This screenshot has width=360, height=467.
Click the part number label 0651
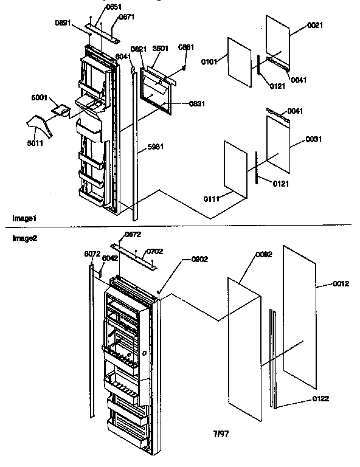coord(97,8)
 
